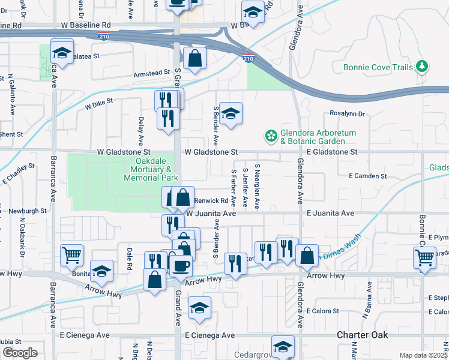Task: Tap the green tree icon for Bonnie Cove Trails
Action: coord(423,66)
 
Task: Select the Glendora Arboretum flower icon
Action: coord(271,136)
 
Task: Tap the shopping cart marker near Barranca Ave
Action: coord(71,254)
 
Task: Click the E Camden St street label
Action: coord(368,176)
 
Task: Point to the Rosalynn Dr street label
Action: coord(348,113)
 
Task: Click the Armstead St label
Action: coord(151,73)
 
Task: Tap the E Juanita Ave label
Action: coord(330,213)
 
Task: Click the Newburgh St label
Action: coord(27,211)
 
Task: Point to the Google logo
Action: coord(20,352)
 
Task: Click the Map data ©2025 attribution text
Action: coord(423,355)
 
